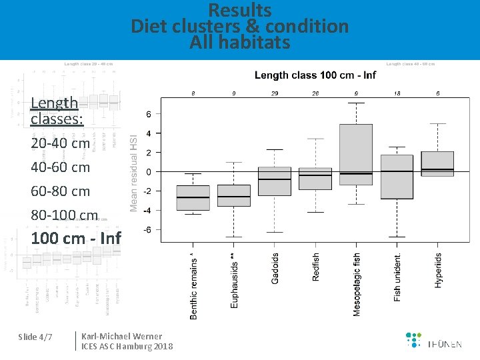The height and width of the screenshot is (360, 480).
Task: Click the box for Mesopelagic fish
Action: click(x=356, y=155)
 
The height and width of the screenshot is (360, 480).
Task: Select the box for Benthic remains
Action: click(x=193, y=198)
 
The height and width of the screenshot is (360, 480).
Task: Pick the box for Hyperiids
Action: click(x=437, y=164)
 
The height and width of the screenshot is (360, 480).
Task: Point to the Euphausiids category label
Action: click(x=233, y=280)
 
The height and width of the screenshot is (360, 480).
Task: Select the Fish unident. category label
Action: click(x=397, y=277)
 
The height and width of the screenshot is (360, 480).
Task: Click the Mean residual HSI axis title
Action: click(x=133, y=163)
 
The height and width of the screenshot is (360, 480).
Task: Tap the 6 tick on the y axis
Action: click(x=149, y=115)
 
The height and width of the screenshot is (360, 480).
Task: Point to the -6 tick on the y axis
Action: click(x=147, y=230)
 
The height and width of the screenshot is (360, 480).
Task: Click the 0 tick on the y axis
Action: click(x=149, y=172)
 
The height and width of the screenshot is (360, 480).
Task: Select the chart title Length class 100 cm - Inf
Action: click(x=315, y=75)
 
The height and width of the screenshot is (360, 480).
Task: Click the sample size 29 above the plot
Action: click(x=275, y=93)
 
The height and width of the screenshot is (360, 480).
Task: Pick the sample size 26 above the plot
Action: click(x=315, y=93)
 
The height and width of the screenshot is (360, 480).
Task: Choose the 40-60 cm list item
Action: click(x=60, y=167)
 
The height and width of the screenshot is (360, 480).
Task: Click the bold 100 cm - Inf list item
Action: click(x=76, y=238)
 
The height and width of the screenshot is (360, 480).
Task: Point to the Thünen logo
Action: click(x=433, y=340)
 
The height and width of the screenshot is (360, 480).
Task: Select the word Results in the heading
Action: click(x=240, y=11)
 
